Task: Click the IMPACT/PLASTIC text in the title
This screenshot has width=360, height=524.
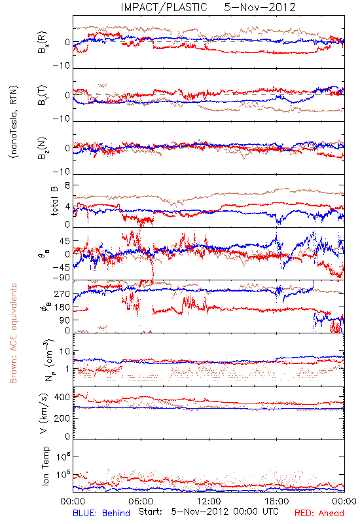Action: click(164, 7)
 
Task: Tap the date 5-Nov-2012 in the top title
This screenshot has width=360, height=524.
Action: click(260, 7)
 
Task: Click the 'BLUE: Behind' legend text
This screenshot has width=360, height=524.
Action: click(101, 513)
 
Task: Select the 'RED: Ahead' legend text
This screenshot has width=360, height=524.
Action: click(319, 513)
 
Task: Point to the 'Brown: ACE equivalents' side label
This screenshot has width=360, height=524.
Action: click(13, 333)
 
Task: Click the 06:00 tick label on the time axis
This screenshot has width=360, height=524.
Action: click(141, 501)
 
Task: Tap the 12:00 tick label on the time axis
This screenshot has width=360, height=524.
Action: click(209, 501)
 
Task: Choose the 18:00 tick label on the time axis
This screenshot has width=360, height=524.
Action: click(277, 501)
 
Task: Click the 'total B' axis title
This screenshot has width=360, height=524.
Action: click(54, 201)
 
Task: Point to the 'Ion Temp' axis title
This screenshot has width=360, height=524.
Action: click(45, 466)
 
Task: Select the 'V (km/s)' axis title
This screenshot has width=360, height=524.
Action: click(44, 413)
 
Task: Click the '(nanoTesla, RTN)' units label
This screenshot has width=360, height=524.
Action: click(14, 122)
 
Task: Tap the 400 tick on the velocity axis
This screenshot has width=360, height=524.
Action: click(62, 398)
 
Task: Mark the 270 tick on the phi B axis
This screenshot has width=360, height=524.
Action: click(62, 294)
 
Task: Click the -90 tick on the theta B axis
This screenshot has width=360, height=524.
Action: click(62, 278)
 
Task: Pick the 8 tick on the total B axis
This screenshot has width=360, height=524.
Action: click(67, 185)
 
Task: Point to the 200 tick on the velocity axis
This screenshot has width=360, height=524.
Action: click(62, 418)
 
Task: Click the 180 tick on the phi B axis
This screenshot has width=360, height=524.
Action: click(62, 307)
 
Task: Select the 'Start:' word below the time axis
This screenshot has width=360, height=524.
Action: click(150, 512)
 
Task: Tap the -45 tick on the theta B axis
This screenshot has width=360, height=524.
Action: click(62, 267)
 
